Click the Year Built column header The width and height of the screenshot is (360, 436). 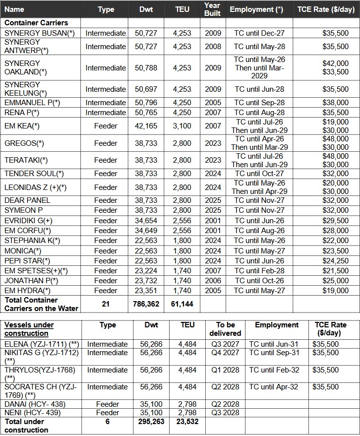[212, 9]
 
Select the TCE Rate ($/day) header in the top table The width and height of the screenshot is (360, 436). [326, 9]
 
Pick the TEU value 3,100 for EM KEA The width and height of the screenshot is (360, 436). [182, 126]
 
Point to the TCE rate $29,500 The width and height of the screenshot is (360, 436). [336, 220]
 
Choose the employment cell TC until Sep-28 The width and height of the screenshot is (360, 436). [259, 103]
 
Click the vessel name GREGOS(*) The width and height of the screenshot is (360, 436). [24, 143]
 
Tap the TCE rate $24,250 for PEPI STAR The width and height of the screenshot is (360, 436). [336, 261]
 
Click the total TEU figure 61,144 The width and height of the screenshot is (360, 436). [182, 304]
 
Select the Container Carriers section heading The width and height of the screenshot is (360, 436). [36, 23]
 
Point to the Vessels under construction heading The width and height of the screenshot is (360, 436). [29, 329]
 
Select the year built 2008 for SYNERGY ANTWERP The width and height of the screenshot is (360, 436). [213, 47]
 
